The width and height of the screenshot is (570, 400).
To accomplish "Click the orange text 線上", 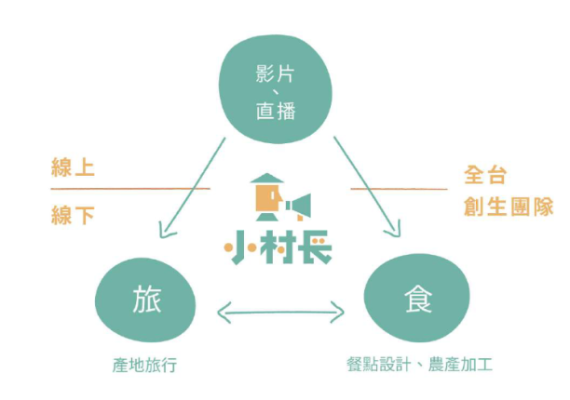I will pyautogui.click(x=73, y=169).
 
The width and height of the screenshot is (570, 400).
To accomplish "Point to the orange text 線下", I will pyautogui.click(x=73, y=217).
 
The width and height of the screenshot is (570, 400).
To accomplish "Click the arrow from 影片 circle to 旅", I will pyautogui.click(x=192, y=186).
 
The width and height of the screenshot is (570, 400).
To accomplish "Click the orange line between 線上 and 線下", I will pyautogui.click(x=130, y=190).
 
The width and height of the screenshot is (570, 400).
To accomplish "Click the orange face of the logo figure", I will pyautogui.click(x=268, y=197).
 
